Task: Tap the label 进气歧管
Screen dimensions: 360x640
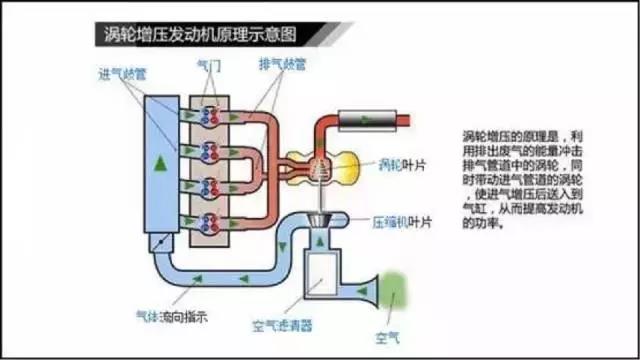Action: coord(122,75)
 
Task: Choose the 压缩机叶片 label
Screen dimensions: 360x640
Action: coord(399,222)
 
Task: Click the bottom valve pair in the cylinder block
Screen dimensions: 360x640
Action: coord(212,222)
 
